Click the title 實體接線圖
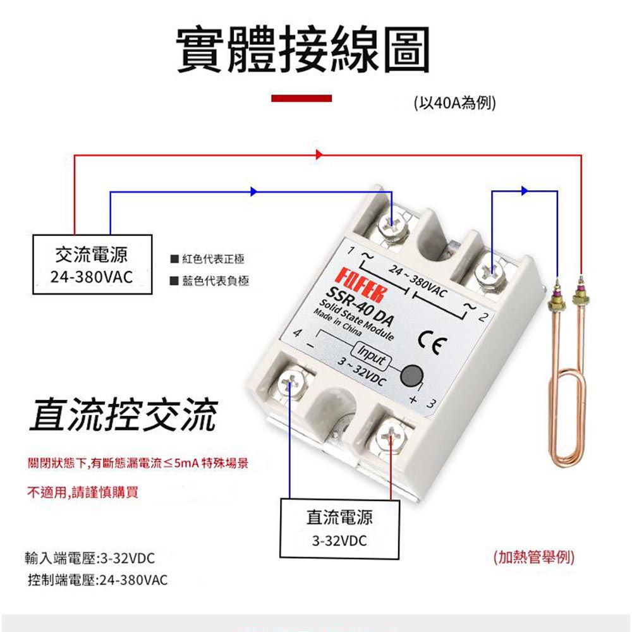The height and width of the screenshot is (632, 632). [x=303, y=49]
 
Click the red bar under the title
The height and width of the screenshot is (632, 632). [x=301, y=98]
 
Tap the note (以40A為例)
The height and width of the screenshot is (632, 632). [x=453, y=102]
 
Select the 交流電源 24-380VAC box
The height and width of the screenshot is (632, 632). [x=92, y=265]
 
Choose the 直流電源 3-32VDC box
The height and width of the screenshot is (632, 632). [x=339, y=528]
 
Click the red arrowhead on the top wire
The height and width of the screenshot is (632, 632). [x=319, y=154]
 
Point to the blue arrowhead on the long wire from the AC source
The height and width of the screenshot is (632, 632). [x=254, y=191]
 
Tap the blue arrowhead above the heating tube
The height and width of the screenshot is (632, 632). [x=524, y=190]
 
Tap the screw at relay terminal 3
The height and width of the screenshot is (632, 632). [x=391, y=435]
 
